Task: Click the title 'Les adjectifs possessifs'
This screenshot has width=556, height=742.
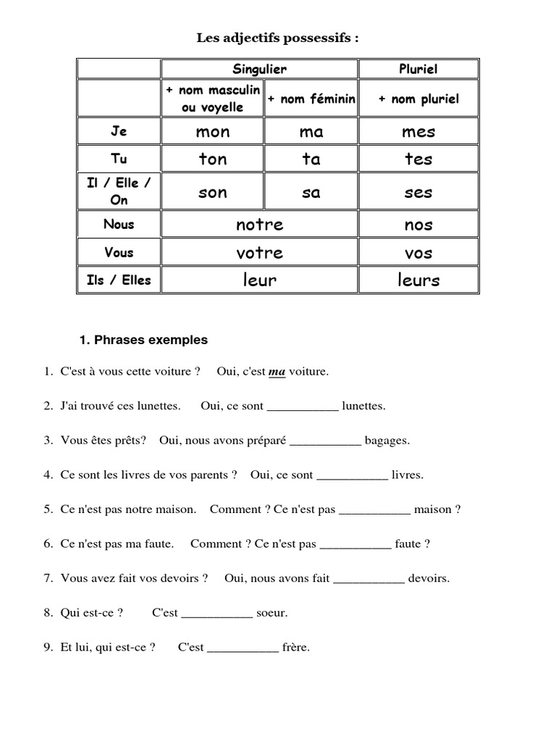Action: tap(277, 38)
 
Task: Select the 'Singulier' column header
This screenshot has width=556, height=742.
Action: tap(259, 69)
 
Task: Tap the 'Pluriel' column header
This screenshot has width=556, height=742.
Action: tap(418, 69)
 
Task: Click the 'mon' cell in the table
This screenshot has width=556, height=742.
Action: tap(212, 131)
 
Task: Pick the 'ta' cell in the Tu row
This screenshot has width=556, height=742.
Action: tap(311, 159)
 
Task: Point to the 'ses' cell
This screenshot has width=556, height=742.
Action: tap(418, 192)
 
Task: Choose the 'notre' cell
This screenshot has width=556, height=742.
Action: tap(259, 225)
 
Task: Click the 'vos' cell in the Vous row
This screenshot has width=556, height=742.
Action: tap(418, 253)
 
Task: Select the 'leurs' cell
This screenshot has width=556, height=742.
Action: tap(418, 280)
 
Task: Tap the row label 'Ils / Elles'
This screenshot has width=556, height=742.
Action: tap(119, 280)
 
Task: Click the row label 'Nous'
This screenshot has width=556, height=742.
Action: tap(119, 224)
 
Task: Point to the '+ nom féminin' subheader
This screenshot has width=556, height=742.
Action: tap(311, 99)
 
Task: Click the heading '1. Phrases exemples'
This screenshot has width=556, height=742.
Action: tap(143, 340)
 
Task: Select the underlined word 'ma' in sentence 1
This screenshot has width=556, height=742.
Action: tap(277, 372)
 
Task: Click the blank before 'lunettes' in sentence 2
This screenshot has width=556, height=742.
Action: tap(303, 407)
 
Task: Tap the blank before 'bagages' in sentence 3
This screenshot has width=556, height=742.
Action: tap(325, 441)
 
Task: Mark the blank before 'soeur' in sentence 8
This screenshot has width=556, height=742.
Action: tap(216, 613)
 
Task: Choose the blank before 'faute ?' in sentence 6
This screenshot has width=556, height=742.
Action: tap(355, 544)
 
